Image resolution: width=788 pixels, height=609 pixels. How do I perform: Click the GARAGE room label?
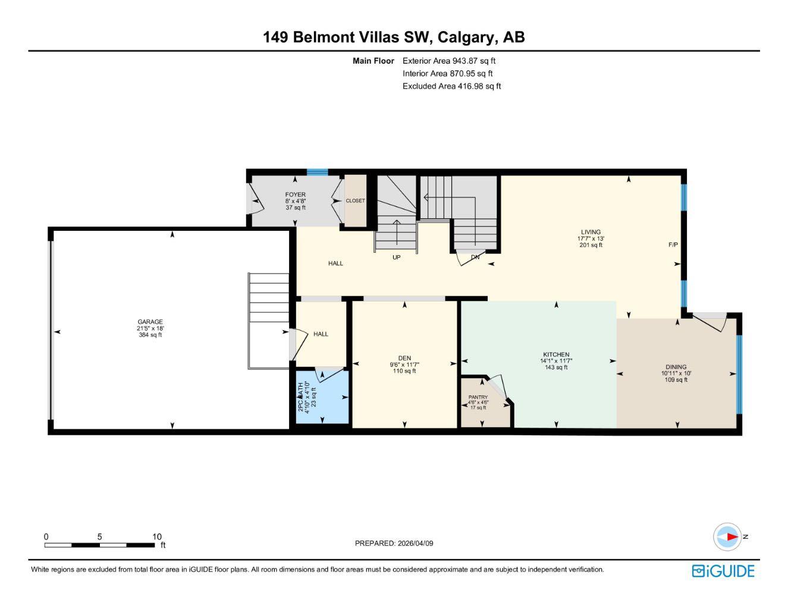click(150, 322)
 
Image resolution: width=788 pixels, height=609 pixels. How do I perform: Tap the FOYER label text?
click(295, 194)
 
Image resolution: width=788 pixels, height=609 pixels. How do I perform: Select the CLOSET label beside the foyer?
click(356, 200)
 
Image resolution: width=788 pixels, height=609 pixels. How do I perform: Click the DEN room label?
click(404, 358)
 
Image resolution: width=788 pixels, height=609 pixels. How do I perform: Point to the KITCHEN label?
click(556, 354)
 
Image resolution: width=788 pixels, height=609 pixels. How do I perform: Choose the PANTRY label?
click(478, 397)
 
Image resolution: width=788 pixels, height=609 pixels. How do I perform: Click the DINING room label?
click(676, 367)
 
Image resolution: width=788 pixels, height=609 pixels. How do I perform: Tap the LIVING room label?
click(591, 232)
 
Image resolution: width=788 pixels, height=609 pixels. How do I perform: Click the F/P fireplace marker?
click(673, 245)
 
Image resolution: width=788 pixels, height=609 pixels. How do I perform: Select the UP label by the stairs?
click(396, 258)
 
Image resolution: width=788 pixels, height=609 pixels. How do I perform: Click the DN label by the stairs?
click(475, 258)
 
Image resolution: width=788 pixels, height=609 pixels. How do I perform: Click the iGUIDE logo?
click(723, 571)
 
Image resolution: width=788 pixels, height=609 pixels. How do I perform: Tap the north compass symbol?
click(728, 537)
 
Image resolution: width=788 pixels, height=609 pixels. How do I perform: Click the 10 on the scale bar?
click(156, 536)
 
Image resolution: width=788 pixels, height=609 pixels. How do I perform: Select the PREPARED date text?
click(394, 543)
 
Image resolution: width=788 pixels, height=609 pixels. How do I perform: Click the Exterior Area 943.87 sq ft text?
click(449, 61)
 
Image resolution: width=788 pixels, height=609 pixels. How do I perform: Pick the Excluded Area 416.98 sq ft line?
click(451, 86)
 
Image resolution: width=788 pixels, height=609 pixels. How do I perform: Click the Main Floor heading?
click(373, 61)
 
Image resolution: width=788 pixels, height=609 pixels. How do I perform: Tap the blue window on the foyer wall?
click(317, 172)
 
